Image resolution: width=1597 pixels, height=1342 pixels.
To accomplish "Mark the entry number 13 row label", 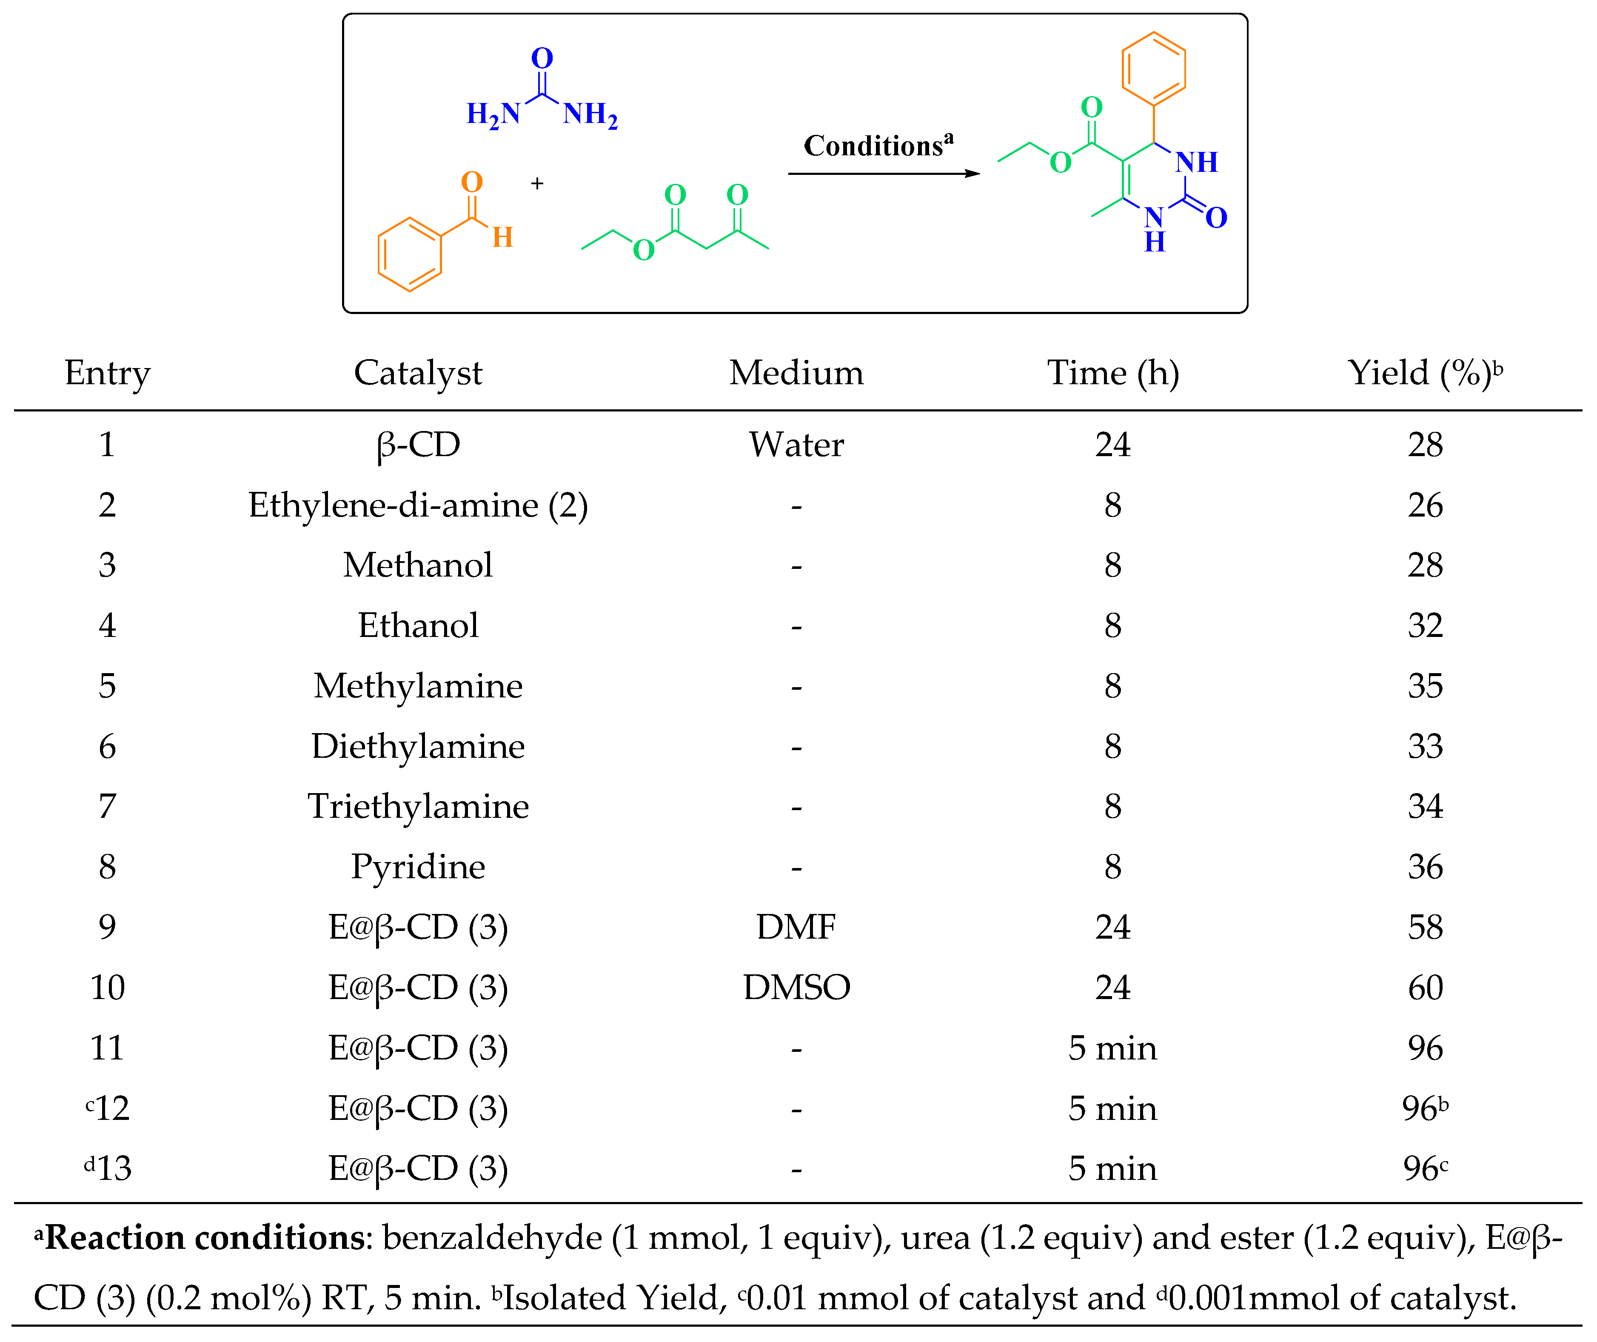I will (x=109, y=1168).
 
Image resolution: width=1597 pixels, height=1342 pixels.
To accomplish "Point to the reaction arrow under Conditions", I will (x=883, y=174).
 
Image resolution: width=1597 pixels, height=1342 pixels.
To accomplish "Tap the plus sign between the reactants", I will (x=537, y=183).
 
